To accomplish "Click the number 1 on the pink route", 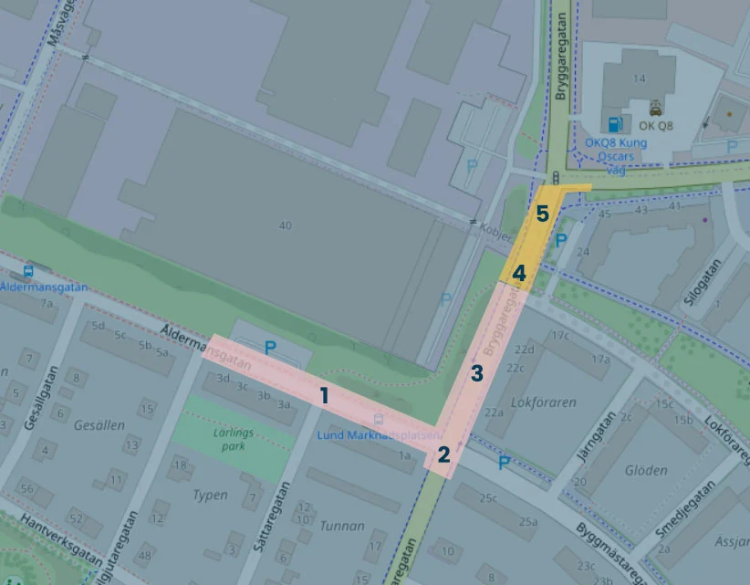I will [323, 395].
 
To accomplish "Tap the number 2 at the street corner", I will [443, 454].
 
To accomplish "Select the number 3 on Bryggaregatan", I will [476, 372].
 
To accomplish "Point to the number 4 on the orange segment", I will [518, 272].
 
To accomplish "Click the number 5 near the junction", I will [542, 214].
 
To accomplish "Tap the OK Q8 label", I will [656, 126].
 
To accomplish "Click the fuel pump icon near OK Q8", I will [614, 123].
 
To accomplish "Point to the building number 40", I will [286, 225].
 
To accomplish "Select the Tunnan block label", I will [342, 526].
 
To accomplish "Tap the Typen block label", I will [210, 495].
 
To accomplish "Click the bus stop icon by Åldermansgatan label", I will [28, 271].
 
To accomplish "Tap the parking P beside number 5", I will [562, 241].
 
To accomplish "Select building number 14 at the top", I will [640, 78].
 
